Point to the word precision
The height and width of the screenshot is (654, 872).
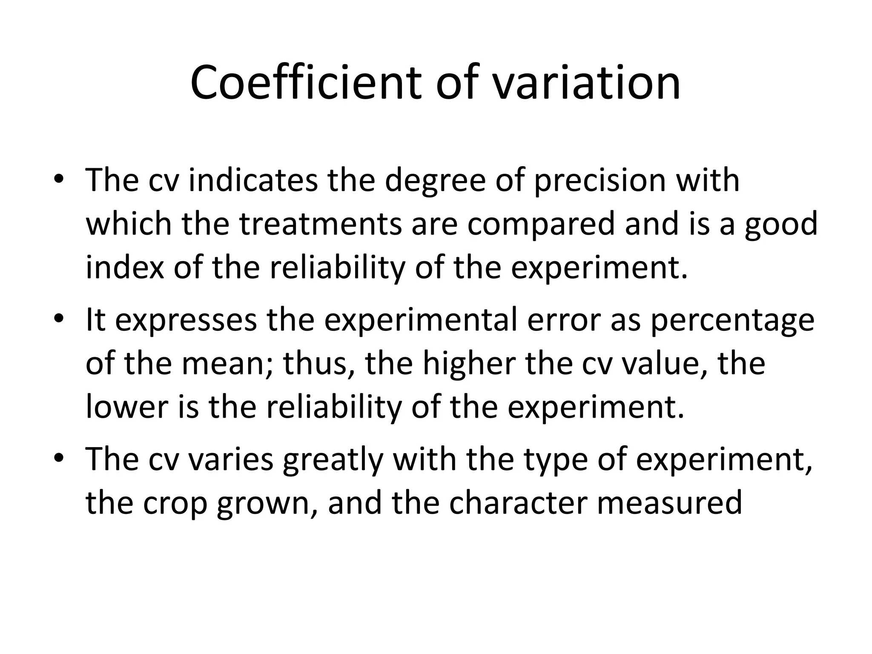(x=600, y=181)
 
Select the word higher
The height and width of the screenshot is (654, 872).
(x=469, y=364)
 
